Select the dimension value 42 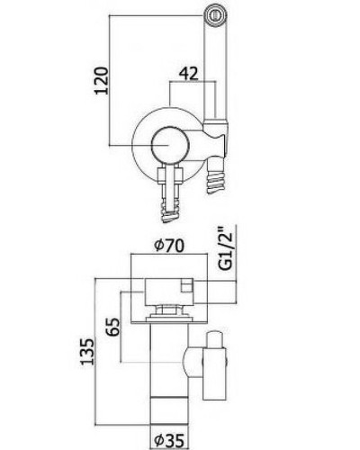pos(188,74)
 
